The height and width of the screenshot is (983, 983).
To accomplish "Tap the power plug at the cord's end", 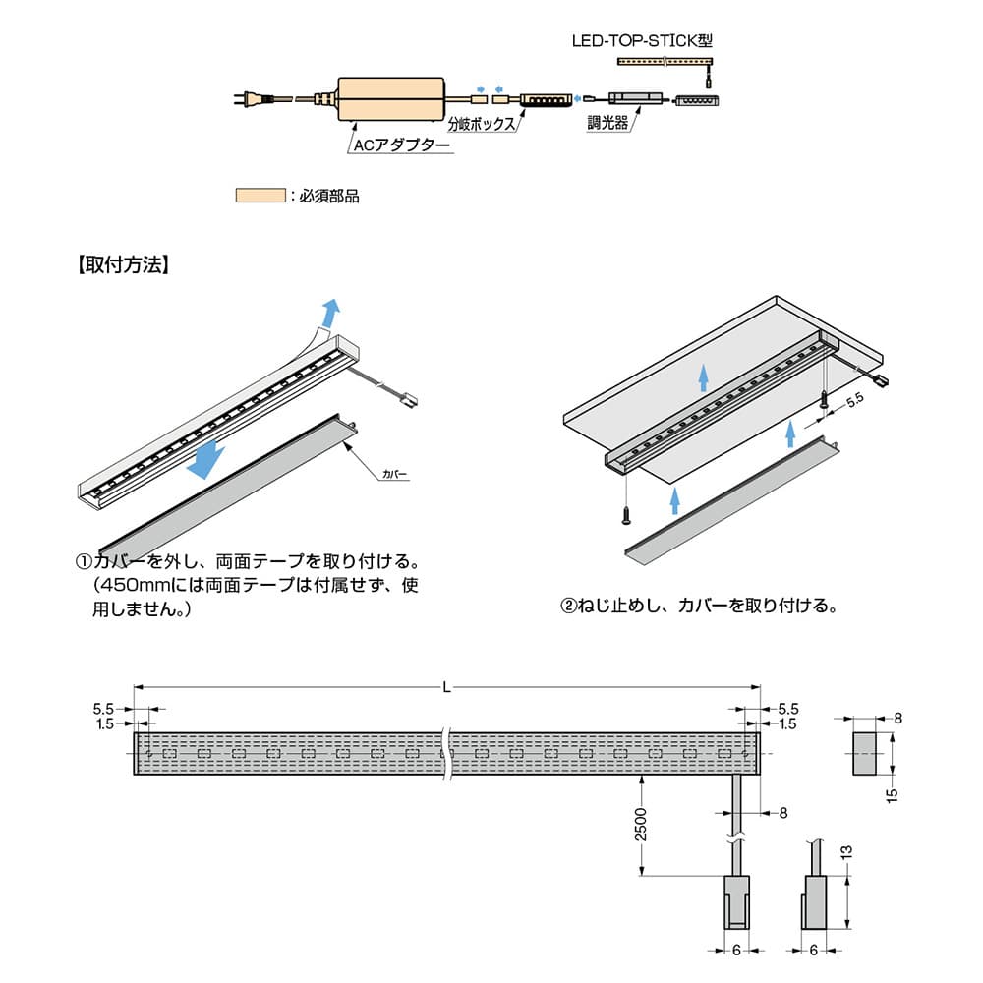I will point(245,98).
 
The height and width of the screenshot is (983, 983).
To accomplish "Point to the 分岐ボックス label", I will point(482,125).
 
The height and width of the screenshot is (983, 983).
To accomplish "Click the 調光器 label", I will point(607,125).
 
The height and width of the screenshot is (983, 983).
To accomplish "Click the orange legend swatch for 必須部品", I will point(260,195).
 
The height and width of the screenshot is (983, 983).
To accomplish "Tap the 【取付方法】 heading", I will point(125,265).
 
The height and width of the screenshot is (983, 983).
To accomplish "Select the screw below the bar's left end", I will point(625,514).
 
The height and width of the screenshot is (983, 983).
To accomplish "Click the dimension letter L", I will point(447,687).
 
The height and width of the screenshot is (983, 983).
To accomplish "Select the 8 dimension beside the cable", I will point(782,812).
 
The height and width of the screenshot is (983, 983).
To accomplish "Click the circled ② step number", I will point(567,607).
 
